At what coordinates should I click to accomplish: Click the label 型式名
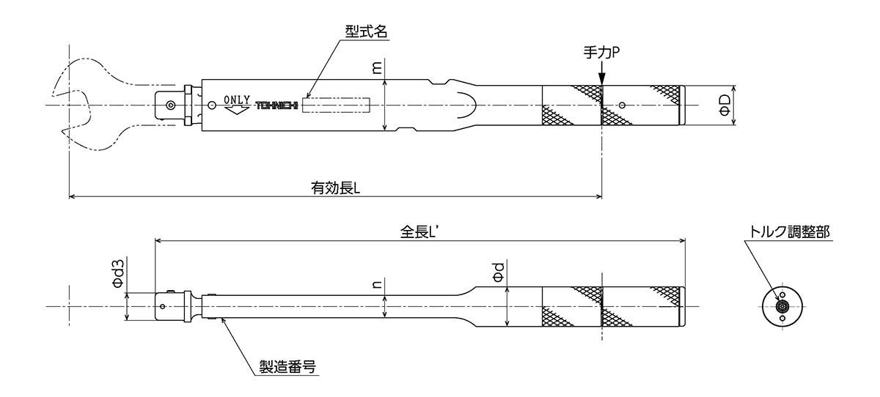click(x=367, y=31)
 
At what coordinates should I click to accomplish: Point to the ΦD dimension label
click(x=723, y=105)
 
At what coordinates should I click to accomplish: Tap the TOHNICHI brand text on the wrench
click(x=278, y=105)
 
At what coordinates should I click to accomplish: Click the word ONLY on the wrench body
click(x=238, y=100)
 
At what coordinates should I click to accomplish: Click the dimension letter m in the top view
click(x=377, y=67)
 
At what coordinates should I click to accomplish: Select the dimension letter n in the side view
click(x=377, y=285)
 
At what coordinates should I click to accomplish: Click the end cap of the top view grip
click(x=682, y=105)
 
